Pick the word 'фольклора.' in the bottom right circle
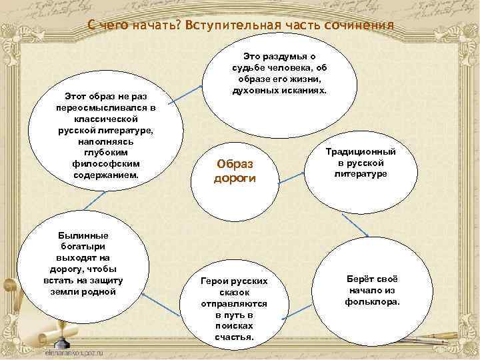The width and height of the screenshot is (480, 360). click(373, 301)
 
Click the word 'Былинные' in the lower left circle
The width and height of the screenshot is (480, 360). click(83, 235)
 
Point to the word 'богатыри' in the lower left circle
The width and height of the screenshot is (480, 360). click(83, 246)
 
